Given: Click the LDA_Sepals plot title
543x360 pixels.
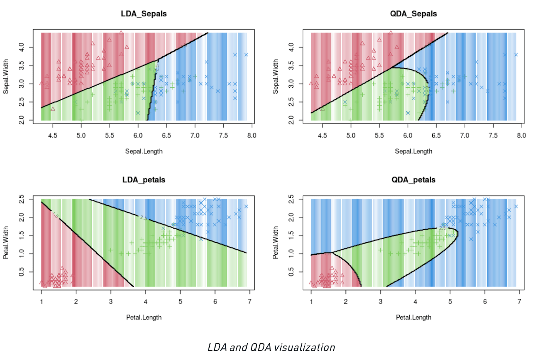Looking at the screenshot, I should [144, 14].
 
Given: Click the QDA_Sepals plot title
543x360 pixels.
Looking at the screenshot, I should [413, 14].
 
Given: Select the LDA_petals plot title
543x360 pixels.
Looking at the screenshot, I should [144, 180].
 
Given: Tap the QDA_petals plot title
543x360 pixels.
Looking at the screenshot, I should [413, 180].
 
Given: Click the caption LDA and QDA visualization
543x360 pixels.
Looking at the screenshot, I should [271, 347].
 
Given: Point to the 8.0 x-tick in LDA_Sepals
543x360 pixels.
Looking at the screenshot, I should [251, 136].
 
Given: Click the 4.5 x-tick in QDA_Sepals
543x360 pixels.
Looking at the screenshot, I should [322, 136].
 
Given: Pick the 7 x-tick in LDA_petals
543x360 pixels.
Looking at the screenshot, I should [249, 302].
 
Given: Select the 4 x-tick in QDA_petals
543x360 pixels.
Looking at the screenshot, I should [415, 302].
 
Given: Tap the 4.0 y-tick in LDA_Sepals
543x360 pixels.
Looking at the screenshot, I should [21, 47].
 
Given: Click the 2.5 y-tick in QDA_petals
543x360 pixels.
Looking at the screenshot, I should [291, 199].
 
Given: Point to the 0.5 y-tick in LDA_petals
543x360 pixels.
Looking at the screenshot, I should [21, 272].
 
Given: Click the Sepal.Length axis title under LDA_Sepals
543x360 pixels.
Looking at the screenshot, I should [144, 151].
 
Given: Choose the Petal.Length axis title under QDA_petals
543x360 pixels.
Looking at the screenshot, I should [413, 318].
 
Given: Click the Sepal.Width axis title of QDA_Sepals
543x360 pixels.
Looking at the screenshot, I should [276, 76].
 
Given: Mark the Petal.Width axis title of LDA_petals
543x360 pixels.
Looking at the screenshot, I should [6, 242].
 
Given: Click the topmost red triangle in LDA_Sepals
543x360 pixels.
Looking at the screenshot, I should [121, 33].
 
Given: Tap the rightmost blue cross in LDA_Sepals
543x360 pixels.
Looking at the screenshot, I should [246, 55].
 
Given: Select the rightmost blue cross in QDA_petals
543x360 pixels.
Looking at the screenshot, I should [516, 206].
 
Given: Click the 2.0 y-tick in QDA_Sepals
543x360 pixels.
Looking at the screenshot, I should [291, 120].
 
